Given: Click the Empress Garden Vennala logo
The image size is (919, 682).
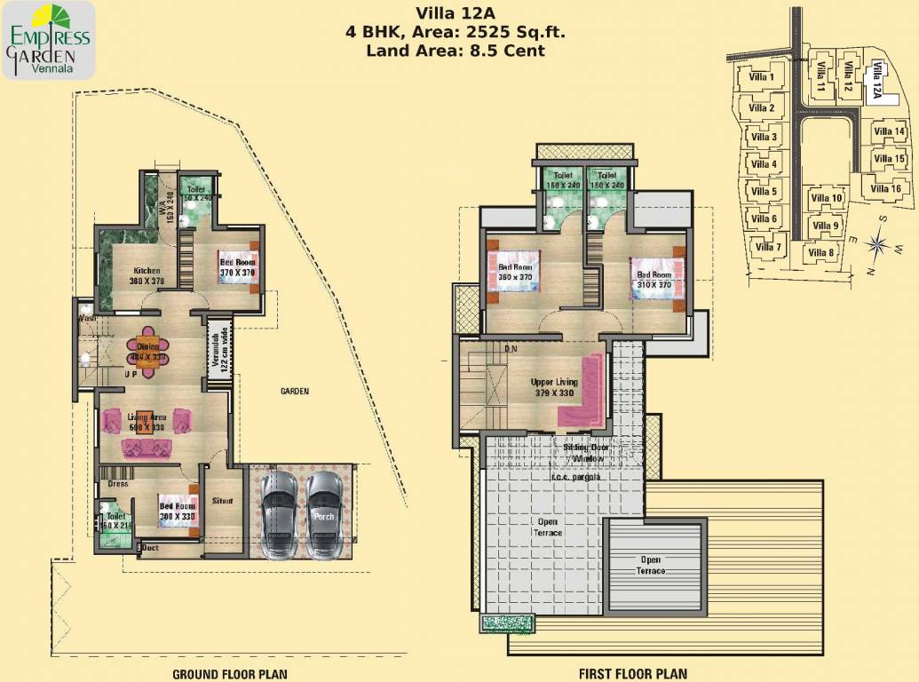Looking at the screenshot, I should [49, 41].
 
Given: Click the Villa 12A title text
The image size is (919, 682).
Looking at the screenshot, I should [456, 13].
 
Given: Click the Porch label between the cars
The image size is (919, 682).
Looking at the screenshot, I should [323, 516].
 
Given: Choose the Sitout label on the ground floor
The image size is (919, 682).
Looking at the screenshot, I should [222, 501].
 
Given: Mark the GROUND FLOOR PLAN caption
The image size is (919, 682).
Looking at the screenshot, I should [229, 674].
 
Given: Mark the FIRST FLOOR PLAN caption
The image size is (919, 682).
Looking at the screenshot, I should [632, 674].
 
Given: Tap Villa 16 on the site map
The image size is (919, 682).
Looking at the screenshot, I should [885, 188].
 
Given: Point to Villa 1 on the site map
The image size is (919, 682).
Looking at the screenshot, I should [758, 77].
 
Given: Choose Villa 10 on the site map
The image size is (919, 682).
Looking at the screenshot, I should [826, 198].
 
